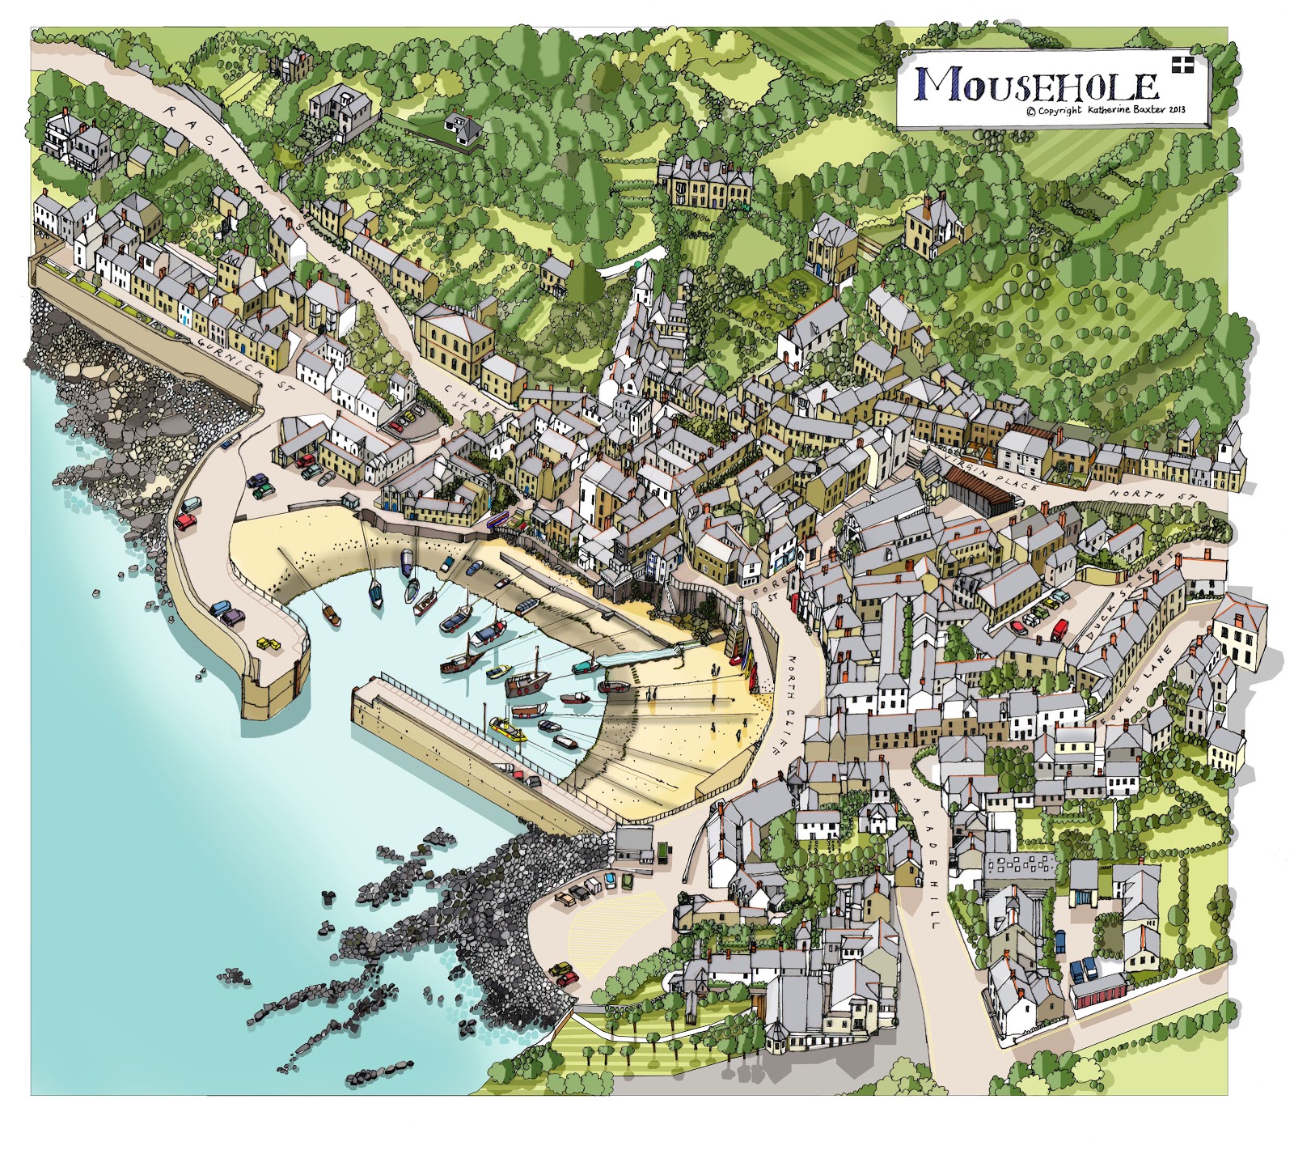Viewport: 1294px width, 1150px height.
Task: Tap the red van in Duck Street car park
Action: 1060,629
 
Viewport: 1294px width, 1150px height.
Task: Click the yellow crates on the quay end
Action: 267,643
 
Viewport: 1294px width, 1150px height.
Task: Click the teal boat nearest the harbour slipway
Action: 585,668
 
